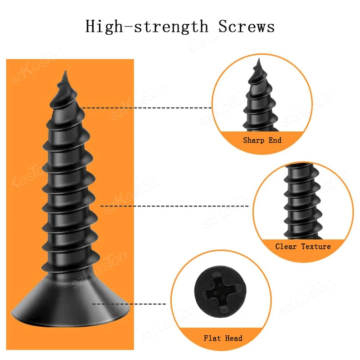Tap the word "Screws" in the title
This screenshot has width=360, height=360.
click(x=247, y=27)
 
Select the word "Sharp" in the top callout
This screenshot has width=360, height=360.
click(x=254, y=140)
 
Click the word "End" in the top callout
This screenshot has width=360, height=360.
click(x=275, y=140)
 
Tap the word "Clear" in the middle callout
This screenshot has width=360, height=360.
click(x=287, y=247)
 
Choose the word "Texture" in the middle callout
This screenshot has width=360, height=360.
click(x=316, y=247)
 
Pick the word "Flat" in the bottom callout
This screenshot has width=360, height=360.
click(x=212, y=338)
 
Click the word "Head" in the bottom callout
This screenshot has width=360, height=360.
click(x=234, y=338)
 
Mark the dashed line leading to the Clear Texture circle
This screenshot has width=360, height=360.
click(x=175, y=206)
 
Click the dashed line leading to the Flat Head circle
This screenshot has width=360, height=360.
click(x=130, y=304)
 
